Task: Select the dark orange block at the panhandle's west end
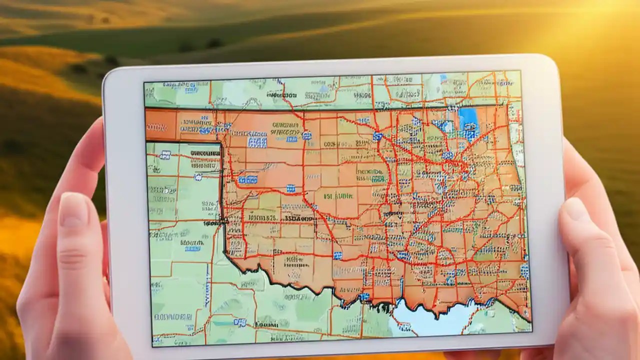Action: tap(161, 124)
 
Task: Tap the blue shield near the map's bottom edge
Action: tap(240, 322)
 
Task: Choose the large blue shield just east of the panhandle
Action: tap(257, 142)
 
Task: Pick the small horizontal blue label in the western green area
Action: tap(192, 248)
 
